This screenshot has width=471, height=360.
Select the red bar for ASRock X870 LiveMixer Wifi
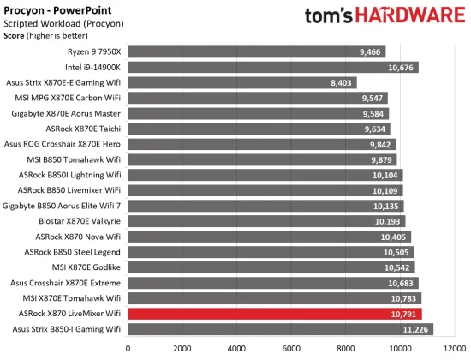274,314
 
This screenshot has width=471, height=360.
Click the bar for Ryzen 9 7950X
256,51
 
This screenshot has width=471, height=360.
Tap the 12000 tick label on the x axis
454,348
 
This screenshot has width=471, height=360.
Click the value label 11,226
415,329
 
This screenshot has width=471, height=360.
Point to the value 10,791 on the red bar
404,314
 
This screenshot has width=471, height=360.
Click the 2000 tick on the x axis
182,348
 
